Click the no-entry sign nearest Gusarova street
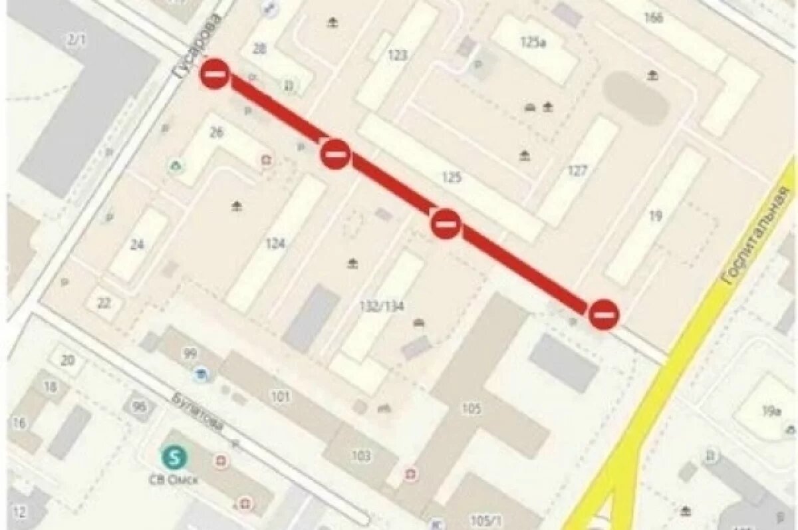(x=215, y=74)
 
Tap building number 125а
(x=533, y=43)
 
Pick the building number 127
(x=577, y=171)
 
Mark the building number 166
(x=654, y=17)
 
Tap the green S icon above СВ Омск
(x=175, y=457)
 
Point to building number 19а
(x=771, y=411)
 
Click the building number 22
(x=104, y=303)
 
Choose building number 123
(x=397, y=55)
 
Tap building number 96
(x=139, y=406)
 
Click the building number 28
(x=260, y=49)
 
